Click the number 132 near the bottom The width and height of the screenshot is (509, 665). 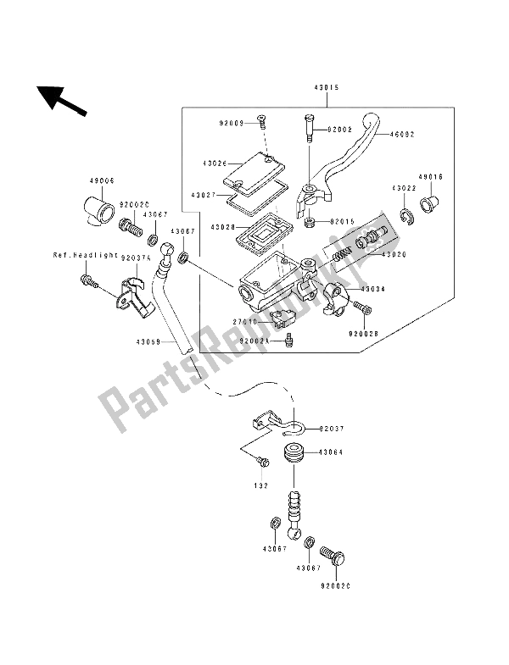[x=260, y=486]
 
